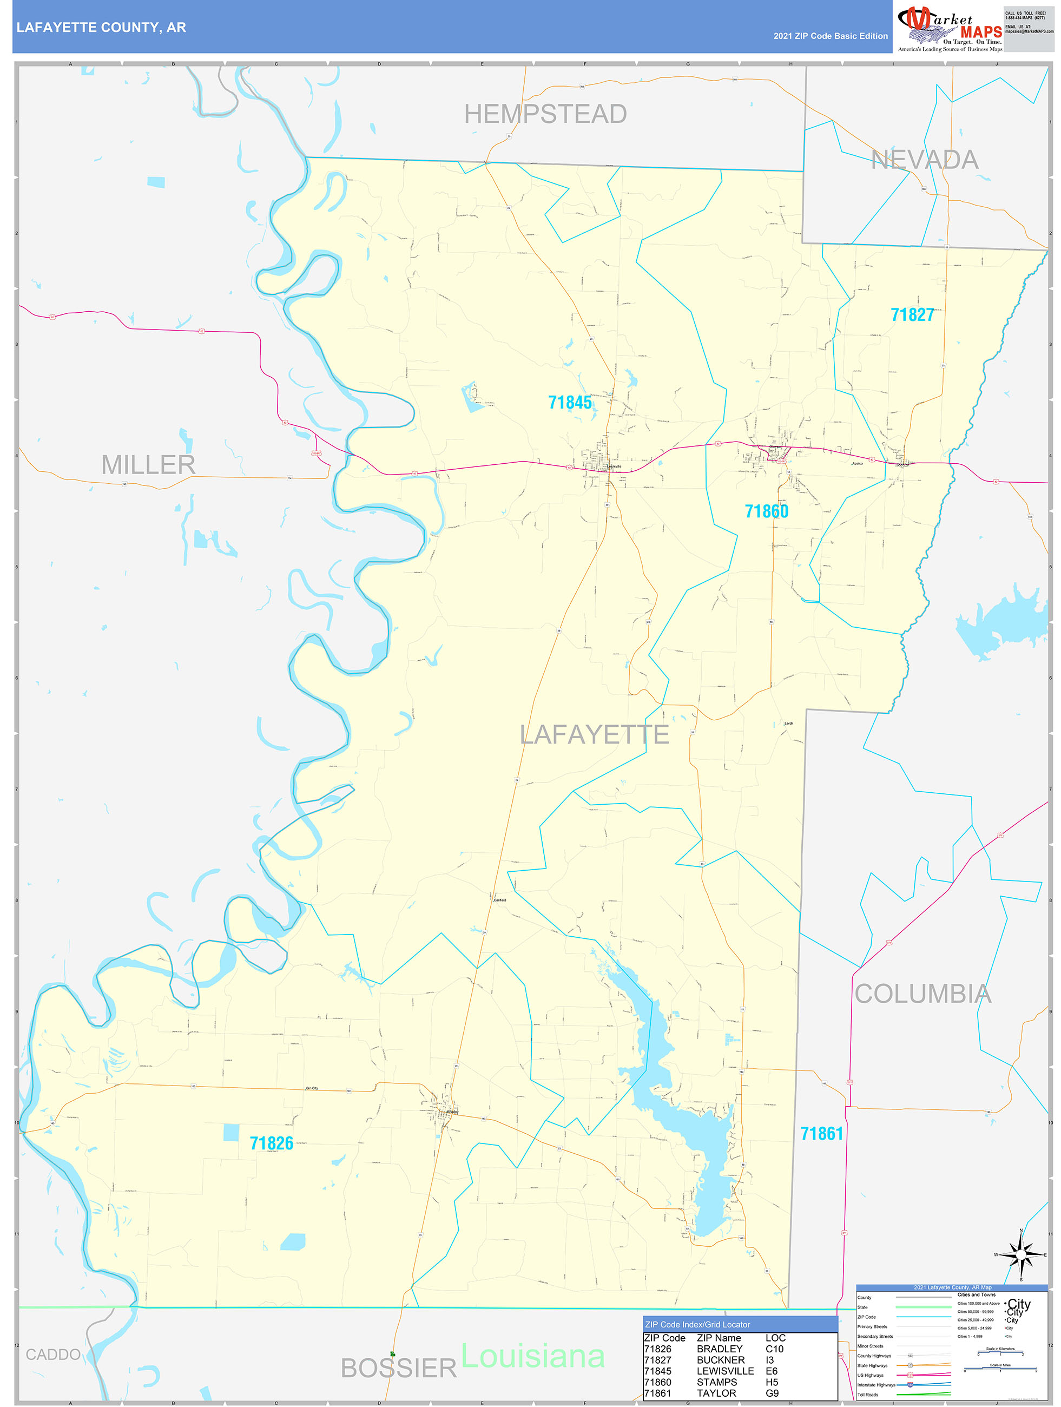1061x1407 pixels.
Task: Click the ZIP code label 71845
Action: pos(569,403)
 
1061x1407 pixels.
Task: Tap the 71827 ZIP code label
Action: pos(912,315)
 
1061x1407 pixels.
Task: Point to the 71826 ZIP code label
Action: pos(271,1143)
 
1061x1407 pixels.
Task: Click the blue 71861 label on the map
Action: pos(821,1134)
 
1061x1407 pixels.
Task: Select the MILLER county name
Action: pos(148,465)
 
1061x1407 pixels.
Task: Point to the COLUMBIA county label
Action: pos(922,994)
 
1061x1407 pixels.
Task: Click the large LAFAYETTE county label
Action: pos(594,735)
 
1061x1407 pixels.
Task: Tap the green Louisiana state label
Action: pos(532,1356)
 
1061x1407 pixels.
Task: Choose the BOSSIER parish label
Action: pos(398,1368)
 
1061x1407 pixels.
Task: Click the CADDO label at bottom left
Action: pos(53,1354)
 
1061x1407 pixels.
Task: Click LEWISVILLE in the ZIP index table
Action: pos(724,1371)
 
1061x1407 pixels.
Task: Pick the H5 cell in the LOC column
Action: pos(772,1382)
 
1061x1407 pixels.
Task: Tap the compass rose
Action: pos(1020,1255)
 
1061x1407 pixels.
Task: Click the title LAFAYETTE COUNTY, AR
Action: pos(101,28)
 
